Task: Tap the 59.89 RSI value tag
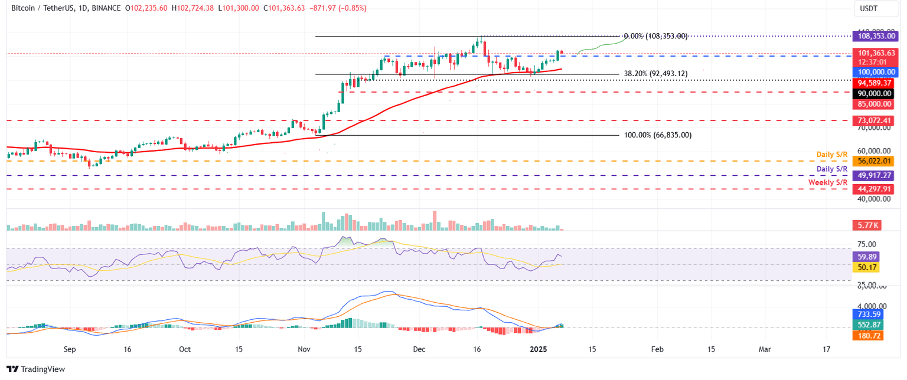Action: click(x=867, y=257)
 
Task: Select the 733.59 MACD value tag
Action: click(x=867, y=315)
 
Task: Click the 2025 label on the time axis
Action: click(x=541, y=349)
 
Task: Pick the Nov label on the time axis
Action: click(x=304, y=349)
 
